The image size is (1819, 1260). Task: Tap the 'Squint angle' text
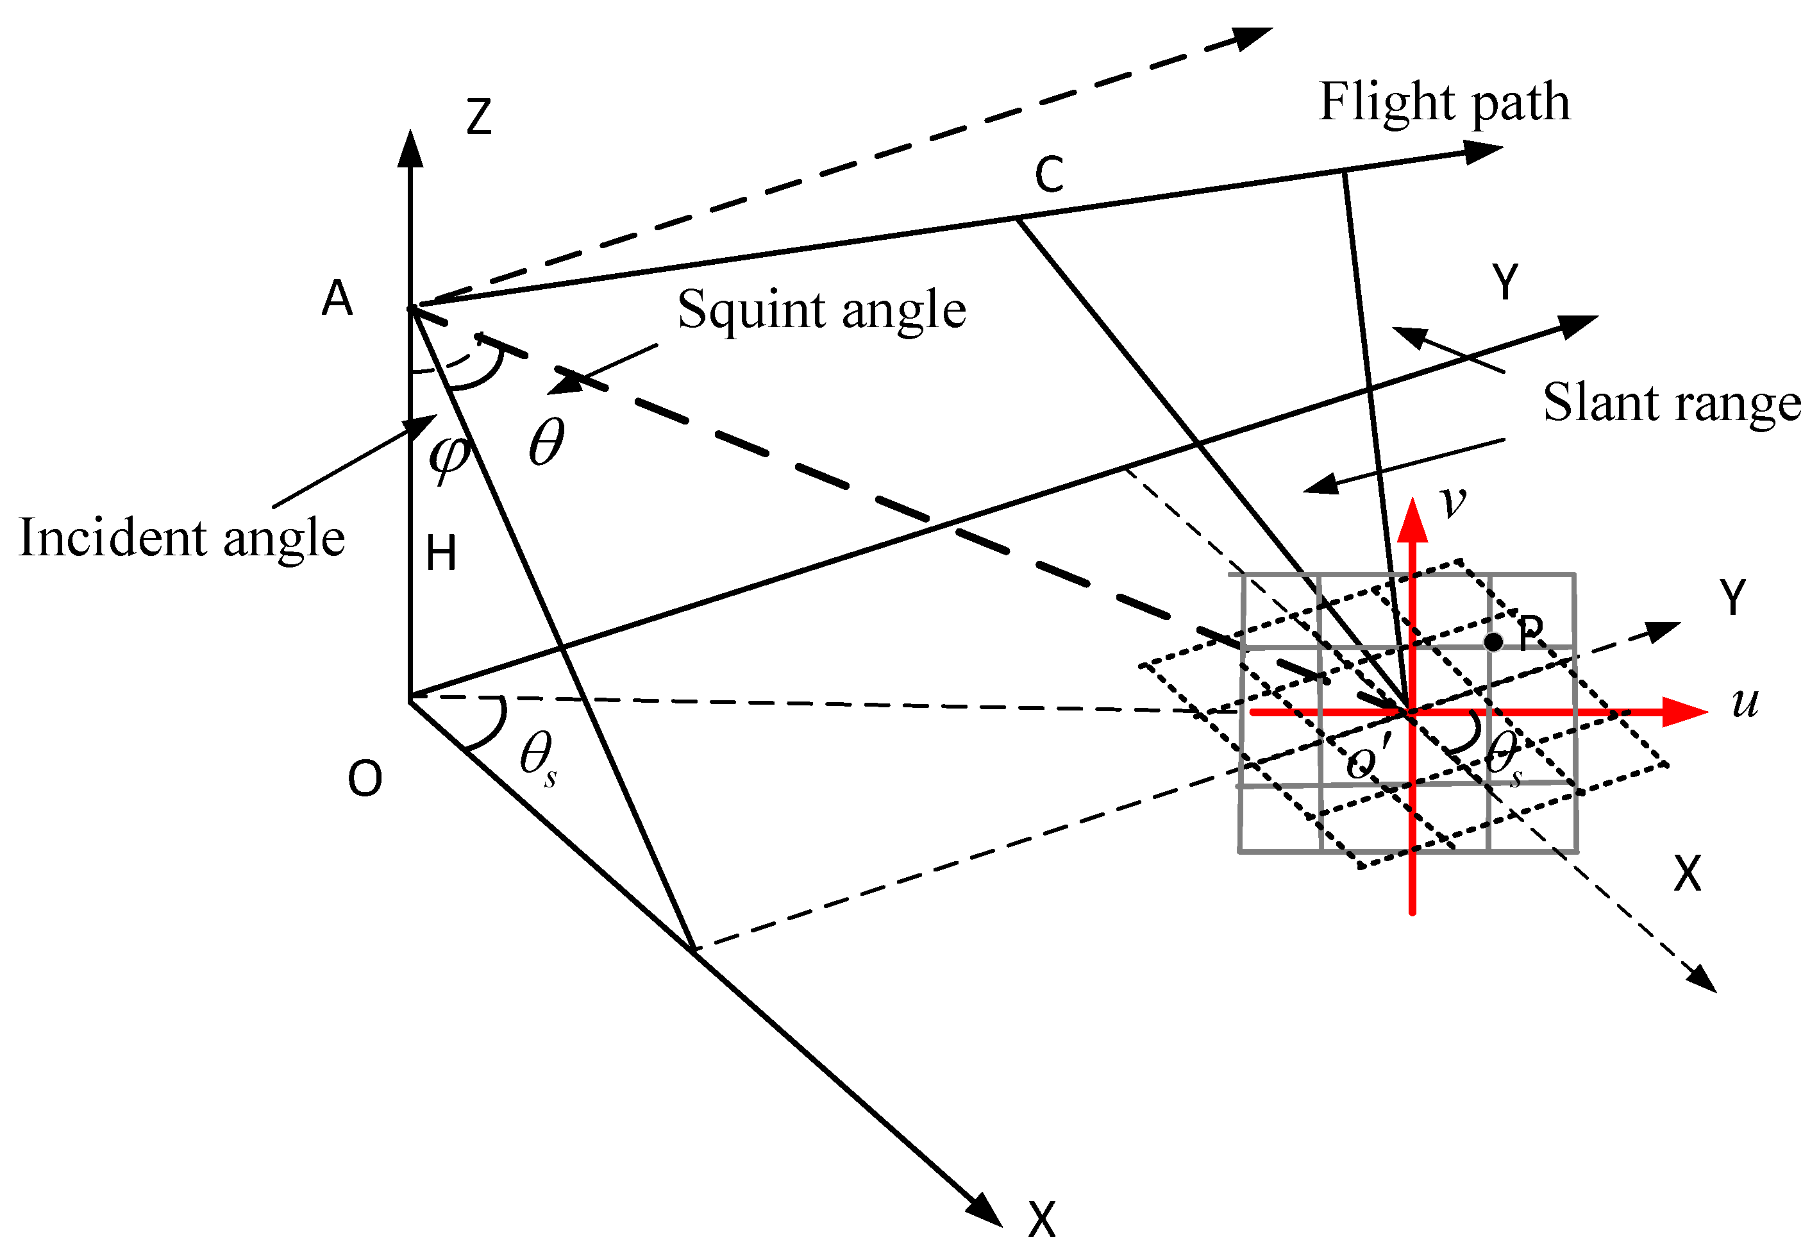[x=821, y=310]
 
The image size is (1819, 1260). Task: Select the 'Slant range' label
[x=1671, y=403]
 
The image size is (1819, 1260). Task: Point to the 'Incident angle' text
[x=181, y=539]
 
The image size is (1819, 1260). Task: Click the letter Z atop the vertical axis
[x=478, y=117]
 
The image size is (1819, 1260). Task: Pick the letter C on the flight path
[x=1048, y=174]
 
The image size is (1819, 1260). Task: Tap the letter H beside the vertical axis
[x=440, y=553]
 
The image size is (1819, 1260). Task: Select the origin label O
[x=365, y=779]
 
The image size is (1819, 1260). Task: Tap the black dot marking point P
[x=1493, y=642]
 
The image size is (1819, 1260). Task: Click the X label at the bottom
[x=1041, y=1220]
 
